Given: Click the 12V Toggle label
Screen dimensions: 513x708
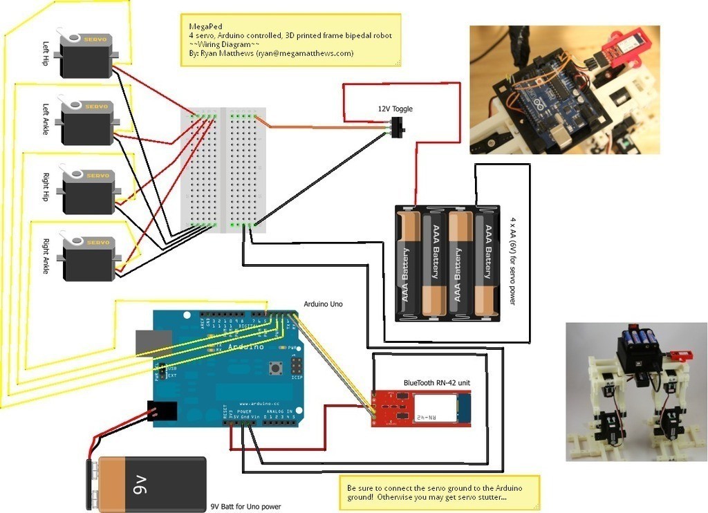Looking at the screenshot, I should click(x=395, y=109).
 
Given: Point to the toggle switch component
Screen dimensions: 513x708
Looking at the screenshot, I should click(x=398, y=128).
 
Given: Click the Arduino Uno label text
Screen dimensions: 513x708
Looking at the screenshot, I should click(x=323, y=304).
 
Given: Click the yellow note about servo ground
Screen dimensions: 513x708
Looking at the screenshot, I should click(x=439, y=493).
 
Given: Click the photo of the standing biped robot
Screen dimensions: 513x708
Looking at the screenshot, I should click(x=635, y=392).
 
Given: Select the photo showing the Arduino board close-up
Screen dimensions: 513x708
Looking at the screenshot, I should click(x=564, y=90).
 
